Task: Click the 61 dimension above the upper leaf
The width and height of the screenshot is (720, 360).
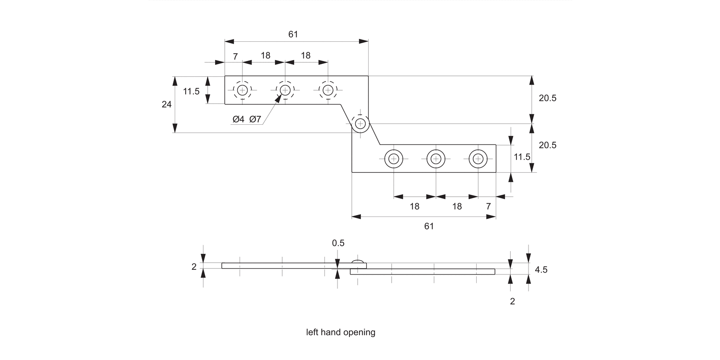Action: [x=293, y=35]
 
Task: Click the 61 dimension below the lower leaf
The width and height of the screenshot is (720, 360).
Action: [x=429, y=226]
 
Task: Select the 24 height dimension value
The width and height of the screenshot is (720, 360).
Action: [x=167, y=104]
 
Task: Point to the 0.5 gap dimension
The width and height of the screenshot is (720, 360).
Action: [x=338, y=243]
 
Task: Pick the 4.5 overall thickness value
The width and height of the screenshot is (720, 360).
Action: [x=541, y=270]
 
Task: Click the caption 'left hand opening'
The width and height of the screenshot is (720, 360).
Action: [x=341, y=332]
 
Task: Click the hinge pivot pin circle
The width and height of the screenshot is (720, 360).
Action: [x=360, y=123]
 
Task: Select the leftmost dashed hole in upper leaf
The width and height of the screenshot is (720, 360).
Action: [x=242, y=90]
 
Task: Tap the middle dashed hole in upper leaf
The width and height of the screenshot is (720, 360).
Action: [x=285, y=90]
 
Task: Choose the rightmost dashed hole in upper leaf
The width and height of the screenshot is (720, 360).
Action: [x=328, y=90]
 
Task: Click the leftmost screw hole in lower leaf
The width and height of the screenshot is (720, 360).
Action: [x=393, y=158]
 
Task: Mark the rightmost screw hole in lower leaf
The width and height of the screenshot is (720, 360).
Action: [x=478, y=158]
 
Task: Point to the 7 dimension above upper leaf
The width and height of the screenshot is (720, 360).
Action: [x=235, y=56]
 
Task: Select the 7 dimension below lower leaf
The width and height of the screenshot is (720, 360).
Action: [x=489, y=206]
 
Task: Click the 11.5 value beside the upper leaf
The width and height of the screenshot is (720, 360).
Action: [x=191, y=91]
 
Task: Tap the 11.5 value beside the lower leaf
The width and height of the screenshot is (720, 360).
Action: [x=522, y=157]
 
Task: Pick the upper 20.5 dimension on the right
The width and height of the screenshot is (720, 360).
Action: [x=547, y=98]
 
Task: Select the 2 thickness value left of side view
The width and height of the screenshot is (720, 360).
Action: [x=194, y=267]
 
